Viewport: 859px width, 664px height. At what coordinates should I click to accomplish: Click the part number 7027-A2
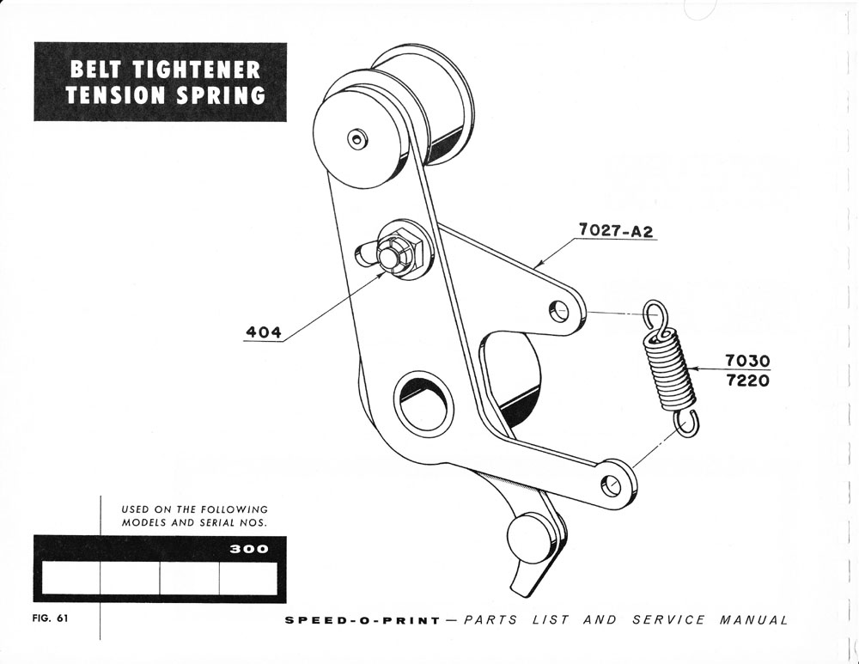pyautogui.click(x=617, y=229)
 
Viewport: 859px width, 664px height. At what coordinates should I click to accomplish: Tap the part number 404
pyautogui.click(x=265, y=332)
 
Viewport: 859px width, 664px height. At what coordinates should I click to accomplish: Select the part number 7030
pyautogui.click(x=746, y=361)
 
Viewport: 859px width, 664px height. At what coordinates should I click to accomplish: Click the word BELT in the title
pyautogui.click(x=101, y=70)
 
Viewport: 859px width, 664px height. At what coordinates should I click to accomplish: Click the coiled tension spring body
pyautogui.click(x=669, y=372)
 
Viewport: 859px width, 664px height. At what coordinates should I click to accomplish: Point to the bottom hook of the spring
pyautogui.click(x=685, y=422)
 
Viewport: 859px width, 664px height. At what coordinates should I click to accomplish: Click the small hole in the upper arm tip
pyautogui.click(x=562, y=308)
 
